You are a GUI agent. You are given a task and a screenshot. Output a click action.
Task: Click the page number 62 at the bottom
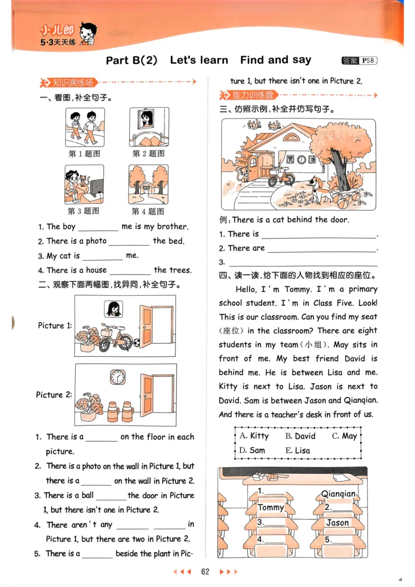coord(205,571)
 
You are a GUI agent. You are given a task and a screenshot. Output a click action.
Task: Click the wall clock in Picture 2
coord(118,377)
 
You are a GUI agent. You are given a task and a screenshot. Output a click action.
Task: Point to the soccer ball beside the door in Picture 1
coord(136,343)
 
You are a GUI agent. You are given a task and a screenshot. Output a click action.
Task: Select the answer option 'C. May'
coord(344,436)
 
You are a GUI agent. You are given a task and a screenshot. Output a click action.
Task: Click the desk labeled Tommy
coord(271,508)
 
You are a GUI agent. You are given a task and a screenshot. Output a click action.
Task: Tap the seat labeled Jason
coord(338,523)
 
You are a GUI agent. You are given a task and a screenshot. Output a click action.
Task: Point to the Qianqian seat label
coord(338,494)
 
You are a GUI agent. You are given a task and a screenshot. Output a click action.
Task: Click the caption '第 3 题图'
coord(84,211)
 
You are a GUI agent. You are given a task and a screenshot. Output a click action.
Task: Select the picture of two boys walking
coord(85,128)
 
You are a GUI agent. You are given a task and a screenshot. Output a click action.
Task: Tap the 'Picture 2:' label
coord(53,395)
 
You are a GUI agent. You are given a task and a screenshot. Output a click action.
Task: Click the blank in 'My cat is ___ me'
coord(102,256)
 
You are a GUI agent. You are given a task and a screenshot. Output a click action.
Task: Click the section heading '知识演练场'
coord(72,82)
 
